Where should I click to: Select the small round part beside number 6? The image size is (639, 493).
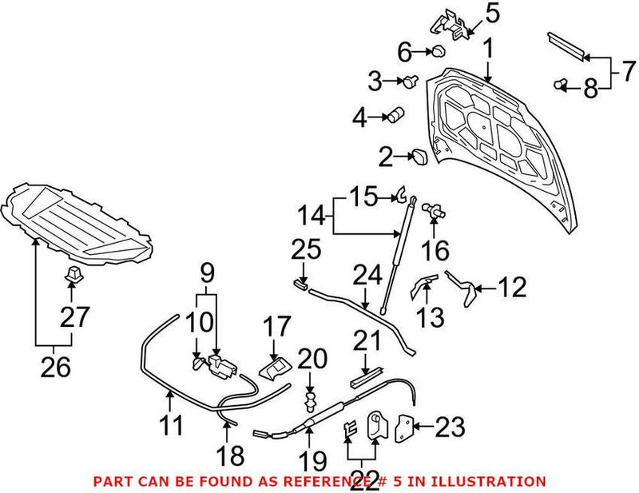click(439, 53)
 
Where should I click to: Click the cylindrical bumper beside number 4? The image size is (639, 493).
click(396, 117)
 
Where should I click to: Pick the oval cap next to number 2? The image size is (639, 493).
click(419, 157)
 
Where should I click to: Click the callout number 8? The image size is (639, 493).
click(590, 89)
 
